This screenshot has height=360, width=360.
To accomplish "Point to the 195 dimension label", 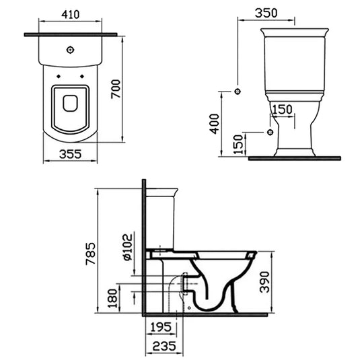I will coord(160,327).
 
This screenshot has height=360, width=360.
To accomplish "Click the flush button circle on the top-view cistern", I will coord(71,50).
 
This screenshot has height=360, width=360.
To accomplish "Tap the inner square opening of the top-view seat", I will coord(70,103).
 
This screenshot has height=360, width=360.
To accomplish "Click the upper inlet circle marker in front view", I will coord(237,91).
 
